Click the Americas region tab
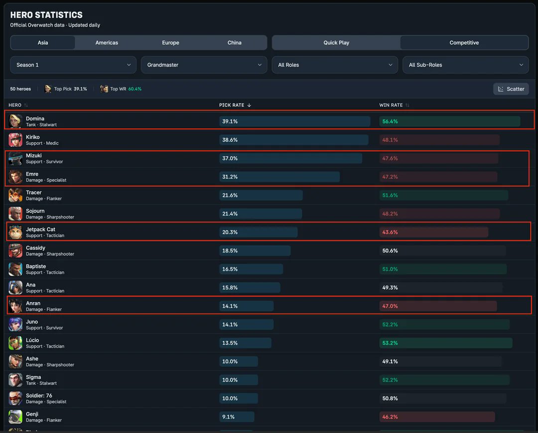[107, 43]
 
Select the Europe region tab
[170, 43]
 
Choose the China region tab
[234, 43]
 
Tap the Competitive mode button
[464, 43]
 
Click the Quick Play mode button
[336, 43]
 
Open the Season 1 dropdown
[73, 65]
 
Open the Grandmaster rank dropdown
[204, 65]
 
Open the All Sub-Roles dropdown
[465, 65]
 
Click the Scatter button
[511, 89]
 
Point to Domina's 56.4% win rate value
[390, 121]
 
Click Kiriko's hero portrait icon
[15, 140]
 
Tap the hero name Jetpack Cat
[40, 229]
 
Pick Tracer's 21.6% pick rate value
[230, 195]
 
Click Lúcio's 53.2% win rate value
[390, 343]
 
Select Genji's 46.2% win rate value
[390, 417]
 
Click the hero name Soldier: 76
[39, 396]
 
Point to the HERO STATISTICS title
[46, 15]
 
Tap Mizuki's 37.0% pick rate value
[230, 158]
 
